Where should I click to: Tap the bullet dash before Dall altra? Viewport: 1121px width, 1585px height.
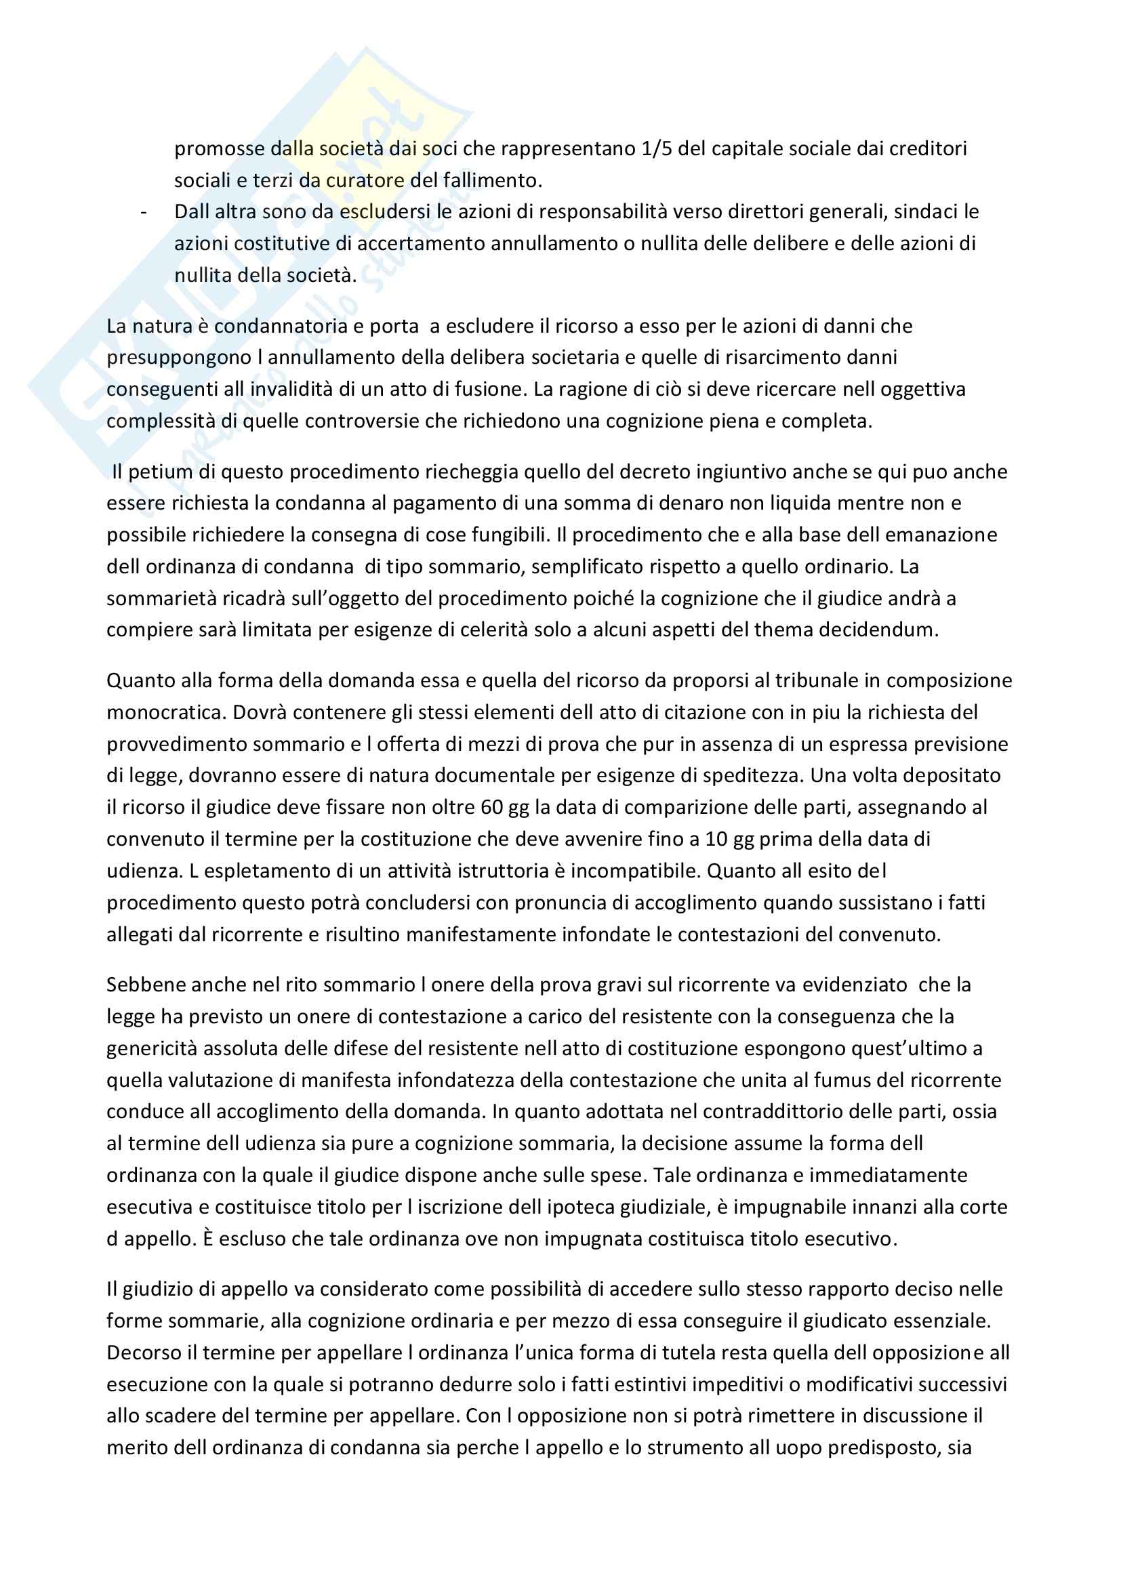point(144,212)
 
